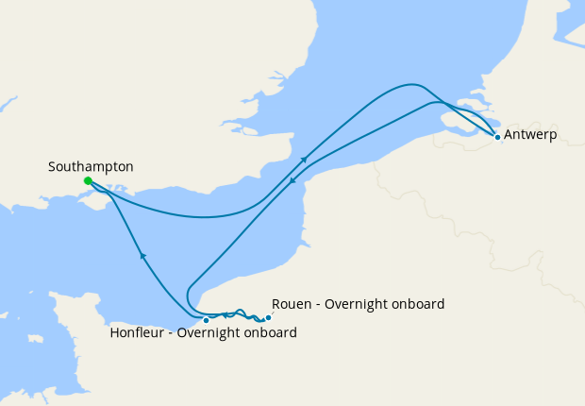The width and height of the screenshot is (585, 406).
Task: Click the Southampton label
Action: pos(91,166)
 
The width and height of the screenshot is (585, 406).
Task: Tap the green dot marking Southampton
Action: pos(88,180)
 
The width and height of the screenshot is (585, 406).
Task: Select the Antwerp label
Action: pos(530,135)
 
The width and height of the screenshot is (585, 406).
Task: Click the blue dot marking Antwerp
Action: pos(497,137)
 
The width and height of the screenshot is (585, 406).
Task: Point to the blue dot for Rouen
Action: pos(268,317)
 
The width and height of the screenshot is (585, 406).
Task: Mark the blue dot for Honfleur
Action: pos(206,320)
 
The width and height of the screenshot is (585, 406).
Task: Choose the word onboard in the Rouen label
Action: pos(418,304)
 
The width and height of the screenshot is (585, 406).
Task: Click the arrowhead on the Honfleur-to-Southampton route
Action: pos(142,255)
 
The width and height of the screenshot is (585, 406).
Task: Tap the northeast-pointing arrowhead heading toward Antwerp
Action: pos(304,160)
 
